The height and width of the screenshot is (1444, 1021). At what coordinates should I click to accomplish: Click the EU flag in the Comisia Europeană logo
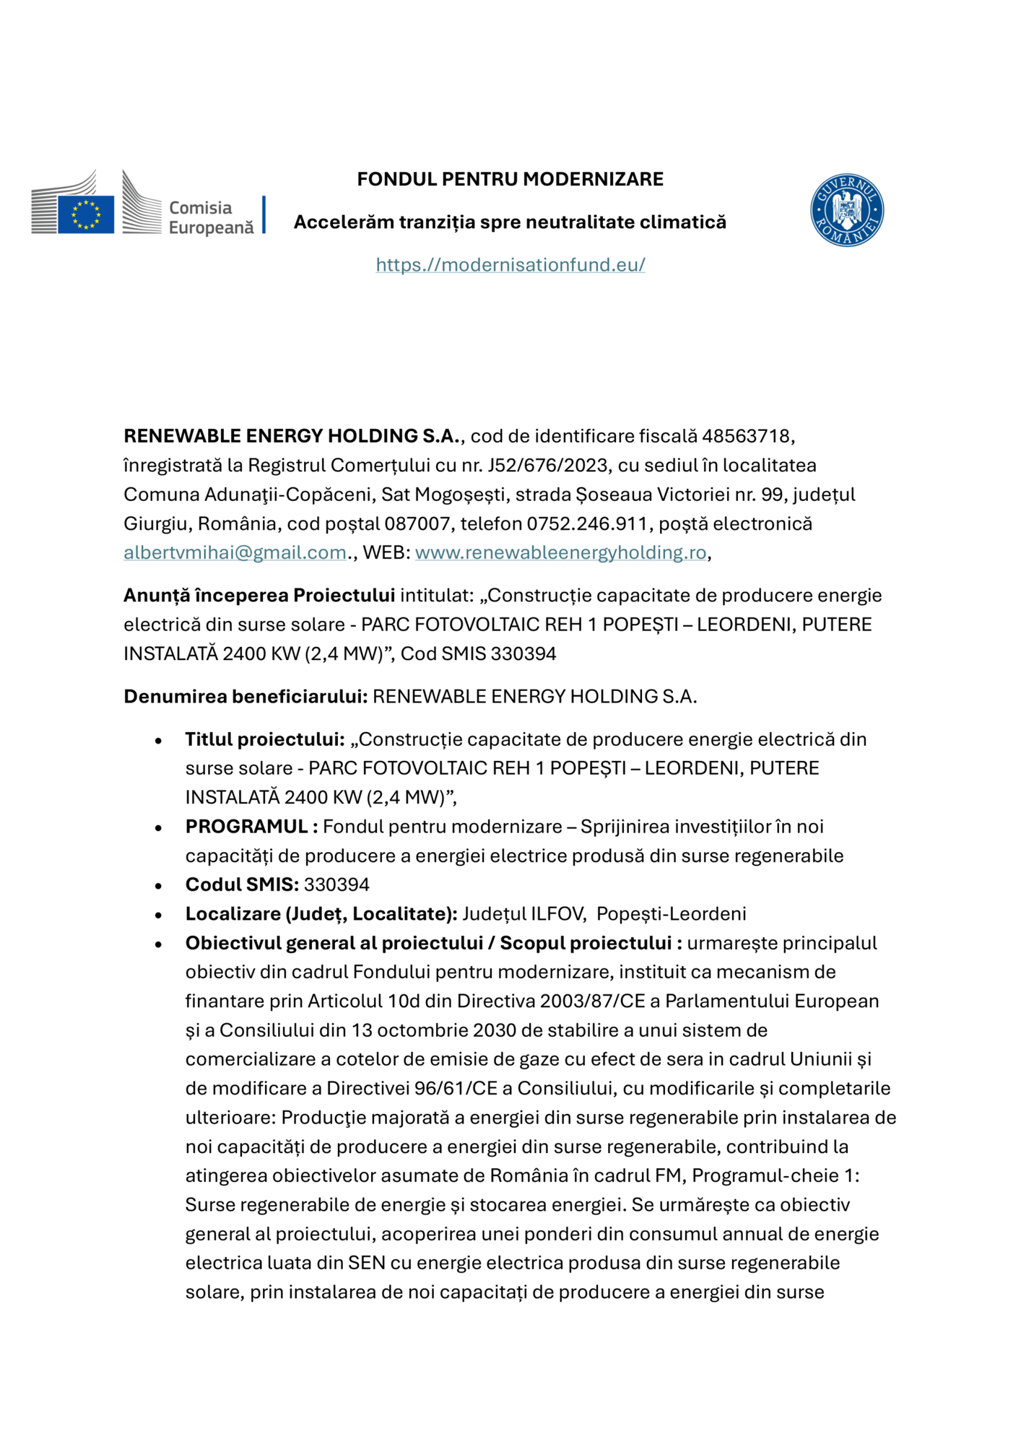[x=86, y=214]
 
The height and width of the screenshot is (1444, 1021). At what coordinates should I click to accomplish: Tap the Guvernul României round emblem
[x=847, y=210]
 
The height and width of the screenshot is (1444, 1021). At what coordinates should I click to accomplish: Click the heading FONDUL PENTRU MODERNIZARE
[x=510, y=179]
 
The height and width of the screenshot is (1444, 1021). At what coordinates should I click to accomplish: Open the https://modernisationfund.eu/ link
[x=510, y=265]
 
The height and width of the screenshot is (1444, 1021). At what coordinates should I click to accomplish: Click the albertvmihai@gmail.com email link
[x=235, y=552]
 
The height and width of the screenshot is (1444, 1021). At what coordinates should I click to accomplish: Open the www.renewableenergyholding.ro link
[x=560, y=552]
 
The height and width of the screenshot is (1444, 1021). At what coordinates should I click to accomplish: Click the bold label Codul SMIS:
[x=242, y=884]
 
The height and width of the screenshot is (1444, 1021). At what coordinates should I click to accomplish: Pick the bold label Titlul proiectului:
[x=264, y=739]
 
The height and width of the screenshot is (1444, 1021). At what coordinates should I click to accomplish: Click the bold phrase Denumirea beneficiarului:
[x=246, y=697]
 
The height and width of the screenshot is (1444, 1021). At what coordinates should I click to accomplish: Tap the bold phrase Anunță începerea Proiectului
[x=258, y=596]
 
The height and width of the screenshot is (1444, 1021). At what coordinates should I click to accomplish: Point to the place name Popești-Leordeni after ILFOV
[x=671, y=914]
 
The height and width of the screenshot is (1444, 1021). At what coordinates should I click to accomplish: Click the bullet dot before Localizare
[x=158, y=915]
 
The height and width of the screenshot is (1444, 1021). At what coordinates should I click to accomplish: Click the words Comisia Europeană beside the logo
[x=210, y=217]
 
